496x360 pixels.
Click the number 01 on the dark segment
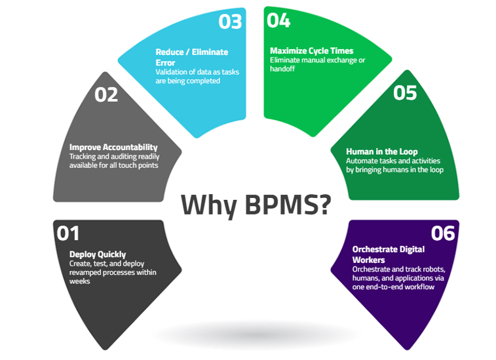68,232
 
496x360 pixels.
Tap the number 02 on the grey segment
106,94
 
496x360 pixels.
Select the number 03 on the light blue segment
230,21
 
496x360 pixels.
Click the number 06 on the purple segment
443,232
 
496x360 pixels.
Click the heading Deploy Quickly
98,254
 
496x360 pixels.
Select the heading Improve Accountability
113,147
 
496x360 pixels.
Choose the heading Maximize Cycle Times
312,50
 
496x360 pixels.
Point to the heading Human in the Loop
381,151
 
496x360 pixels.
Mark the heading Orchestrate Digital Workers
388,254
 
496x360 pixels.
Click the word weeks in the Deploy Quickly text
79,281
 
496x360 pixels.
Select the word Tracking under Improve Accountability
85,156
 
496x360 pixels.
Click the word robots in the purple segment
430,270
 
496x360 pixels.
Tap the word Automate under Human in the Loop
362,161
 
